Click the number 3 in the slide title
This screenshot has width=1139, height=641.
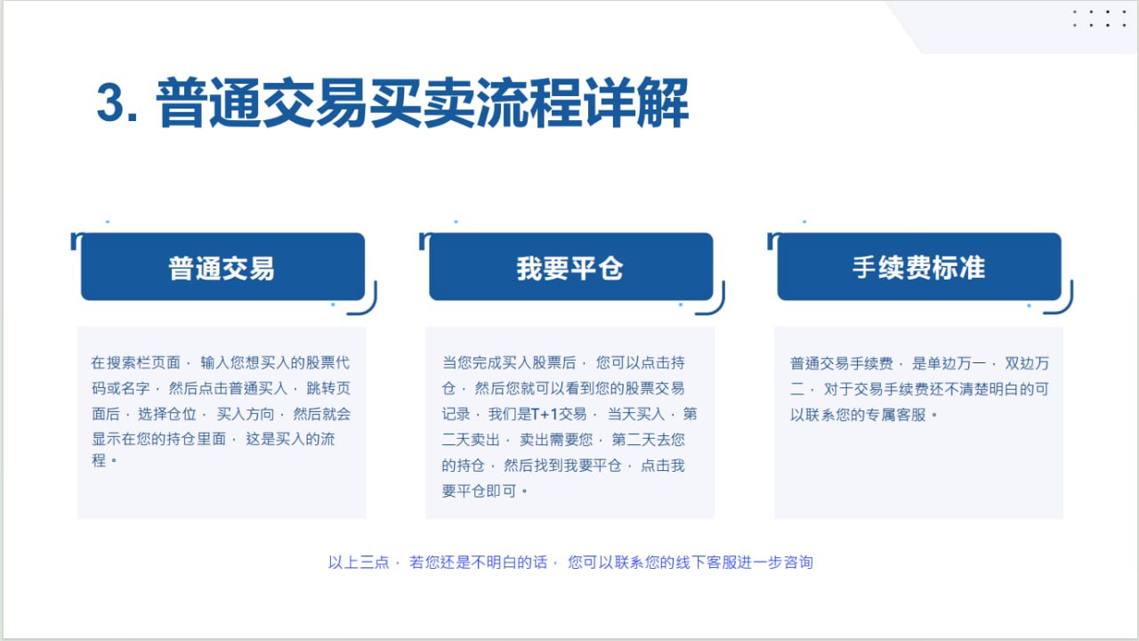pyautogui.click(x=110, y=102)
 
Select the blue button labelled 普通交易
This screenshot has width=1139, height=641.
pyautogui.click(x=222, y=266)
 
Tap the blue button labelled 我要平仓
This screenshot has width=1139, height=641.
pyautogui.click(x=571, y=266)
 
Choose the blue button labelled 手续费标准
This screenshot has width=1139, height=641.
pyautogui.click(x=919, y=266)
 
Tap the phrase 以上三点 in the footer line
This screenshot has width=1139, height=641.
pyautogui.click(x=359, y=562)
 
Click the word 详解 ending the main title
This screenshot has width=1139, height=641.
pyautogui.click(x=635, y=102)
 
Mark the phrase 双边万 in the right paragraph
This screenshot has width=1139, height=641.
pyautogui.click(x=1027, y=363)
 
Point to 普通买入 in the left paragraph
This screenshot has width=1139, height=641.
pyautogui.click(x=258, y=389)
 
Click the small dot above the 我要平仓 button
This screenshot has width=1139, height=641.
pyautogui.click(x=456, y=222)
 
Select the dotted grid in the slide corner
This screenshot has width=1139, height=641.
pyautogui.click(x=1099, y=19)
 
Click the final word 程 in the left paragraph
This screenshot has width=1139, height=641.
pyautogui.click(x=99, y=460)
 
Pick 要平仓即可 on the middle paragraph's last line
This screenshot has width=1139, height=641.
pyautogui.click(x=479, y=491)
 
